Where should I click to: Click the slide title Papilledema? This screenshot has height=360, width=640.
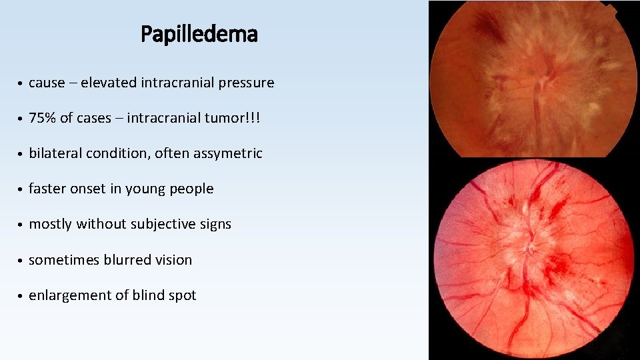(199, 34)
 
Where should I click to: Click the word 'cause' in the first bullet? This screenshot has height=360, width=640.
(47, 83)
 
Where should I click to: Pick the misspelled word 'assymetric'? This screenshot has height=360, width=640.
(228, 153)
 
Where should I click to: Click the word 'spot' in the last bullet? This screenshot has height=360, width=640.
(183, 296)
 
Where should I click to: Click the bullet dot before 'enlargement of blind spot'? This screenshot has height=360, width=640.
(22, 296)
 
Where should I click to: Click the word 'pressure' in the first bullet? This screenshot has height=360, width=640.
(247, 83)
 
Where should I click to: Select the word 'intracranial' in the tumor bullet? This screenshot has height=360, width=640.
(162, 118)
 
